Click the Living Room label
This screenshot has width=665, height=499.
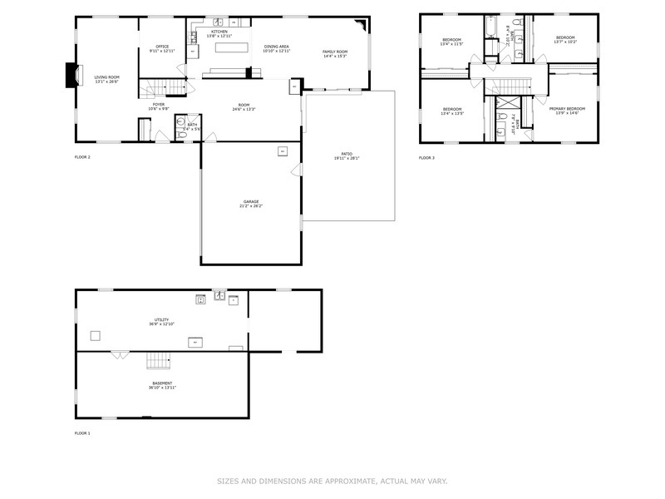pyautogui.click(x=106, y=77)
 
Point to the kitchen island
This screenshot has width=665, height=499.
pyautogui.click(x=232, y=47)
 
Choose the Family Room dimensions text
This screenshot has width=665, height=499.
pyautogui.click(x=335, y=57)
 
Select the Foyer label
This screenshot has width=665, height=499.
pyautogui.click(x=158, y=105)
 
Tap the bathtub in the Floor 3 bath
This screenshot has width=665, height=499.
pyautogui.click(x=490, y=32)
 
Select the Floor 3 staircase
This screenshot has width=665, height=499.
pyautogui.click(x=513, y=86)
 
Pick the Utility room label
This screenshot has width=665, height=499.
pyautogui.click(x=161, y=319)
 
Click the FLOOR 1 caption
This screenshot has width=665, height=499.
pyautogui.click(x=83, y=433)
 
